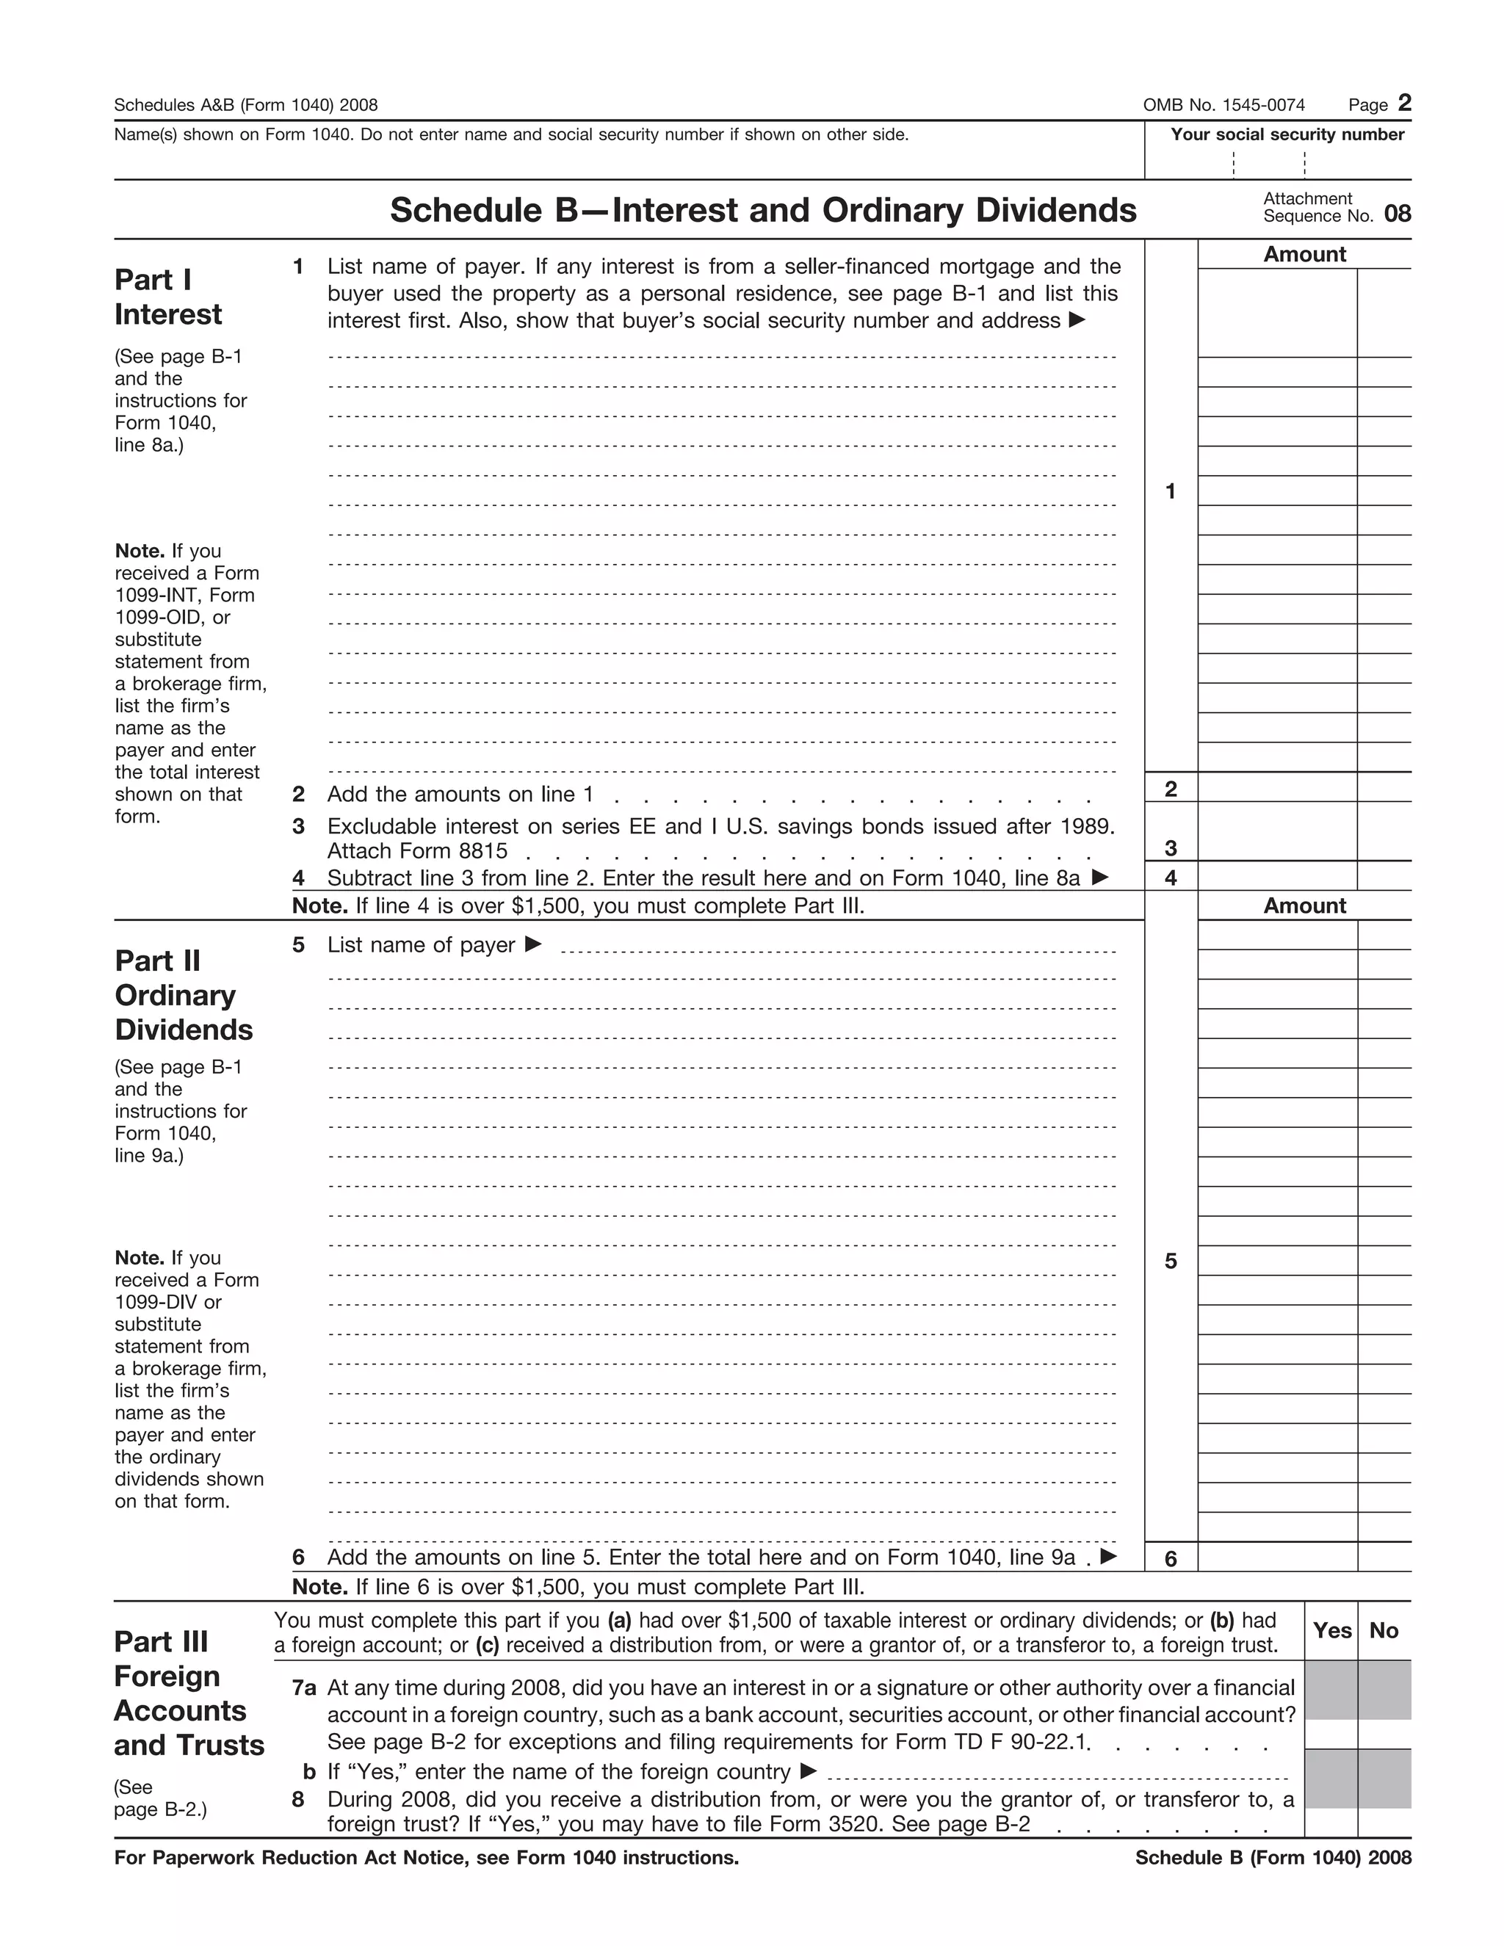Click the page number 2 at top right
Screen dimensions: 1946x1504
1404,104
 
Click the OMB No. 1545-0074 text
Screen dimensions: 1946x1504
1223,105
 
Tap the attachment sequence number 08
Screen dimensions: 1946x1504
1397,214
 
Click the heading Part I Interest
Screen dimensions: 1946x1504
168,297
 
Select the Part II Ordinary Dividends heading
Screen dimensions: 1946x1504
184,994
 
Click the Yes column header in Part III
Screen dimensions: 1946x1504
1331,1629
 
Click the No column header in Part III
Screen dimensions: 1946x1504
1384,1629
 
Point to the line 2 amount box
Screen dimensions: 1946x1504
1277,788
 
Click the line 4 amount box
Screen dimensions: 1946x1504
1277,877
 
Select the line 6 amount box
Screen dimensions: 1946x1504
1277,1558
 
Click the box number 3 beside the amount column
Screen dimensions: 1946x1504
1170,847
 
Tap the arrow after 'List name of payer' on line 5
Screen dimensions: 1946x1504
533,944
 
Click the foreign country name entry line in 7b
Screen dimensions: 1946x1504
1057,1773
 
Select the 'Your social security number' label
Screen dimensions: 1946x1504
1287,134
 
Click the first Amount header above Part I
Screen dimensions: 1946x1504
1304,255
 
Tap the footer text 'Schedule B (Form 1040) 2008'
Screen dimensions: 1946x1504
1273,1858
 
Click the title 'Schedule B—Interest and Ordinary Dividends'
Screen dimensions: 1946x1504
763,210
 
